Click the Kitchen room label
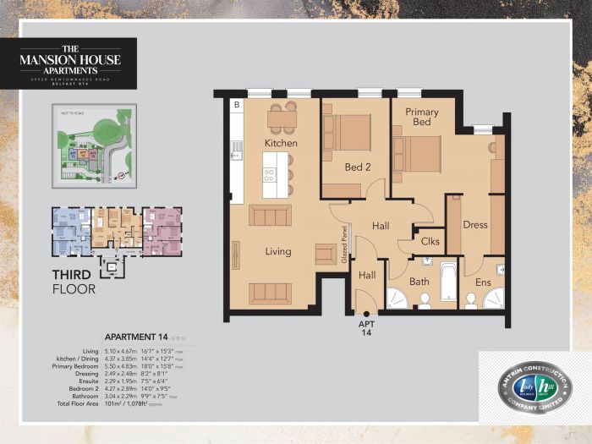(x=280, y=143)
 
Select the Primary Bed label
(x=422, y=117)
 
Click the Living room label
(x=277, y=251)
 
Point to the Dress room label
(x=476, y=225)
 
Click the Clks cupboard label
(x=430, y=241)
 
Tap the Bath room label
(x=420, y=281)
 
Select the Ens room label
(x=484, y=281)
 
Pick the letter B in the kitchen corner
(x=236, y=106)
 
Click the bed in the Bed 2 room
(x=347, y=133)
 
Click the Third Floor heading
(x=74, y=282)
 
